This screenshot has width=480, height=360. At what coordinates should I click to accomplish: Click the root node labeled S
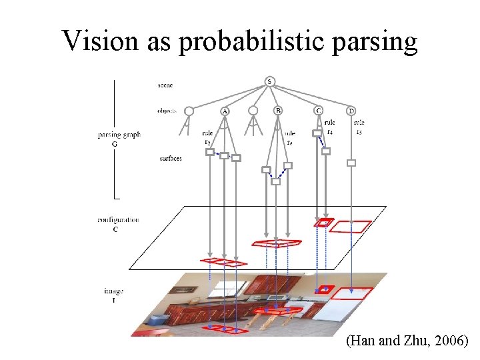click(x=269, y=82)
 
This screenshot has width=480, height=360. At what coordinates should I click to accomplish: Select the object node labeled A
click(x=225, y=111)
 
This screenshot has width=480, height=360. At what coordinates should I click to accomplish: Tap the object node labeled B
click(x=278, y=111)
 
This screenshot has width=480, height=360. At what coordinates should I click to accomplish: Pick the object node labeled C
click(x=319, y=111)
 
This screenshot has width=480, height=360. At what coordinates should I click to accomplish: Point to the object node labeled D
click(x=351, y=111)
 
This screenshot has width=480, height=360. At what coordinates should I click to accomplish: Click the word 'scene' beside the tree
click(x=165, y=85)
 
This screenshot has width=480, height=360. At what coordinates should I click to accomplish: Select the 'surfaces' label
click(x=171, y=159)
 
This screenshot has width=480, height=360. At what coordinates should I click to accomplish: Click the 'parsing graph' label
click(x=119, y=135)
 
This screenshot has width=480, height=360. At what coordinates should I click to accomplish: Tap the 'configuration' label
click(x=117, y=219)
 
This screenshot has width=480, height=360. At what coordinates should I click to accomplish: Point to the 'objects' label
click(x=167, y=111)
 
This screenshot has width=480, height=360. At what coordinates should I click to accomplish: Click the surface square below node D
click(x=351, y=163)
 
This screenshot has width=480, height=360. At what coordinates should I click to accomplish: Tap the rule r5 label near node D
click(x=359, y=127)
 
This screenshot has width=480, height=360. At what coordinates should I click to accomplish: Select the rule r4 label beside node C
click(x=330, y=127)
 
